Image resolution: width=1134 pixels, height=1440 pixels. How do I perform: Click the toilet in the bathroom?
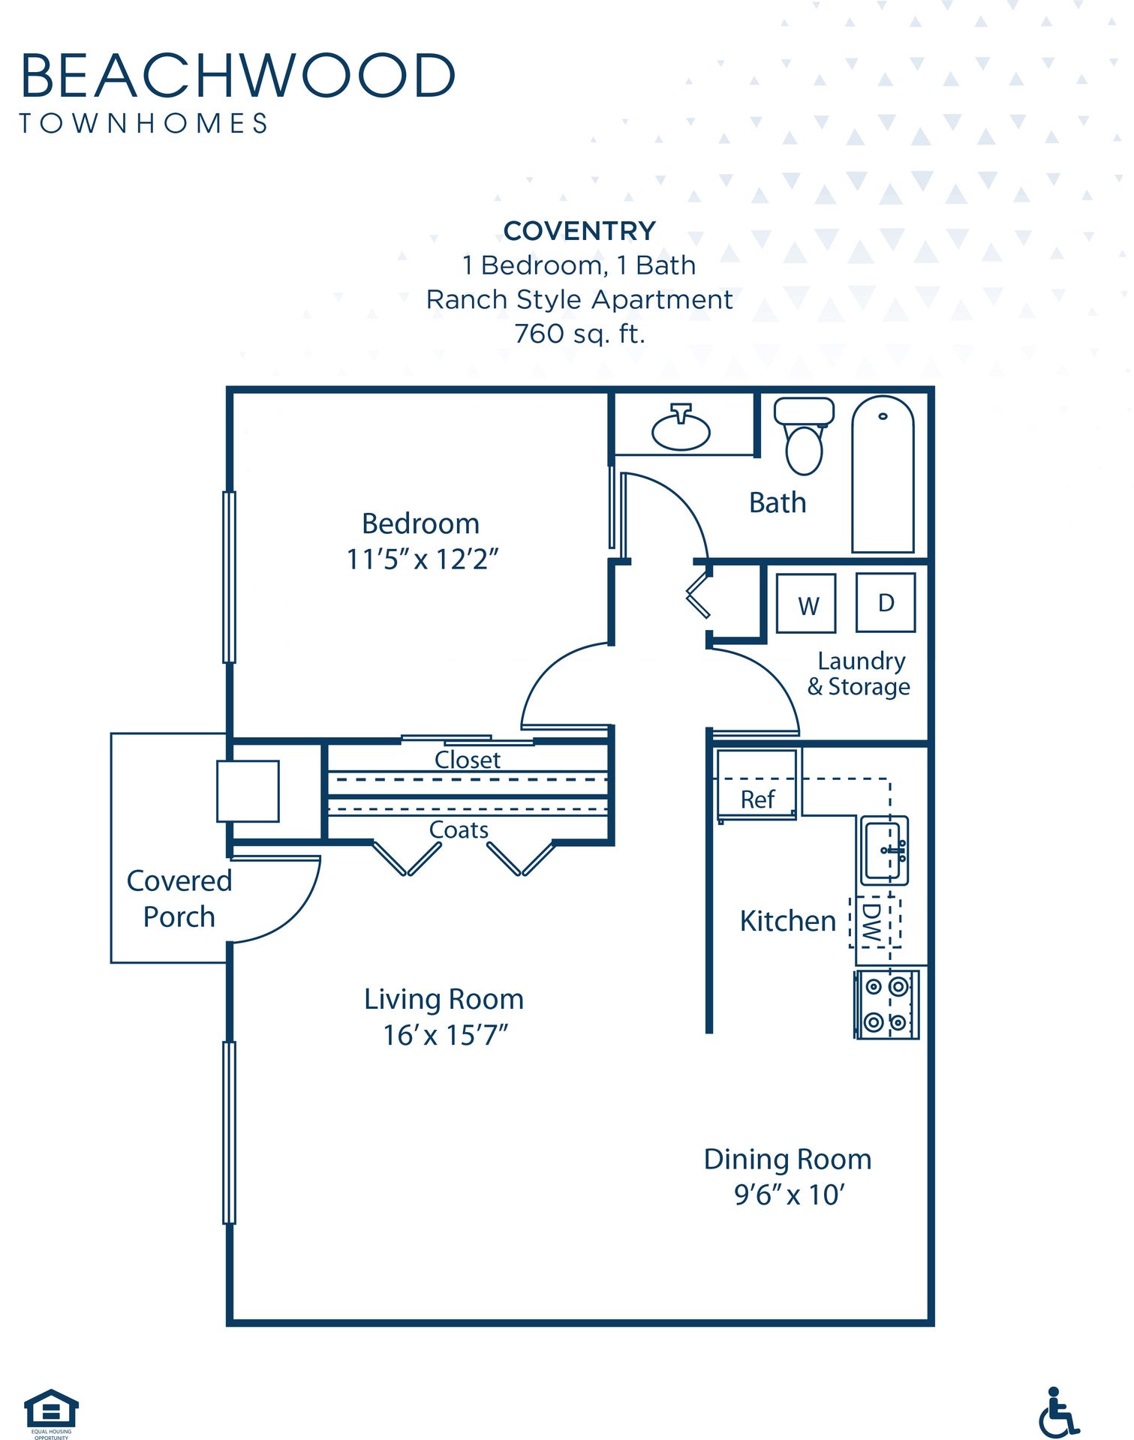tap(804, 436)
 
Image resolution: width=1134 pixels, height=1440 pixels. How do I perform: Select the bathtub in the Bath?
tap(883, 474)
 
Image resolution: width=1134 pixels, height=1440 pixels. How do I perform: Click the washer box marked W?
tap(806, 604)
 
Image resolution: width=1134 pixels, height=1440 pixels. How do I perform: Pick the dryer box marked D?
tap(886, 602)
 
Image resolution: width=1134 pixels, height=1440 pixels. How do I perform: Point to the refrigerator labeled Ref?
tap(757, 784)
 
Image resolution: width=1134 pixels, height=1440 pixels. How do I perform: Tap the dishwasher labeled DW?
tap(874, 922)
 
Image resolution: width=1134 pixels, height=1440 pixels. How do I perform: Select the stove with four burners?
tap(886, 1004)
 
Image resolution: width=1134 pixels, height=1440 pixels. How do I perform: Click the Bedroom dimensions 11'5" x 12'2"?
tap(422, 559)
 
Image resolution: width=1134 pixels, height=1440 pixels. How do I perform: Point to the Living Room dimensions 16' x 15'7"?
tap(445, 1035)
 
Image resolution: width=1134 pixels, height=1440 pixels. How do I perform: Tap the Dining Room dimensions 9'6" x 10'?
tap(789, 1195)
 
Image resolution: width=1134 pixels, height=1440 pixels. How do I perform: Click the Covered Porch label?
tap(179, 898)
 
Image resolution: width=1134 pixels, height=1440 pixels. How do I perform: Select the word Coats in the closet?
tap(459, 829)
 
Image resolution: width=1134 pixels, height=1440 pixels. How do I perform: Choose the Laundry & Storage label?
tap(859, 673)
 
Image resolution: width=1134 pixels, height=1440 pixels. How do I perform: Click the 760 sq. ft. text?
tap(579, 334)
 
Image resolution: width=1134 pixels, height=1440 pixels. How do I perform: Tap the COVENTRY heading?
tap(579, 231)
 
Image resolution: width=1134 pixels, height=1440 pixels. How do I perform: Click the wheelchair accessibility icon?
tap(1058, 1412)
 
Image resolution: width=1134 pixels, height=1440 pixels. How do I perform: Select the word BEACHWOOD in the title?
tap(238, 75)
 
